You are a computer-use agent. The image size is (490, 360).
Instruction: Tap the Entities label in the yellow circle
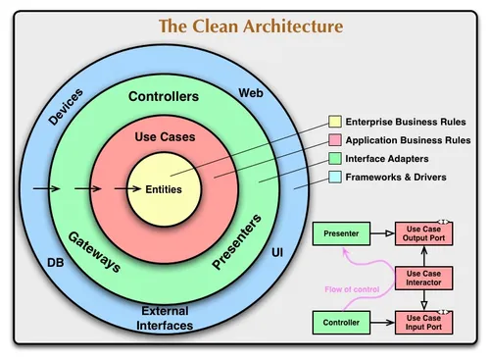coord(164,188)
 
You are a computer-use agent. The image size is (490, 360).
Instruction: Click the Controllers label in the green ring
coord(164,97)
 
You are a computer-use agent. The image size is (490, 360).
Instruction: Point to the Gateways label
coord(95,253)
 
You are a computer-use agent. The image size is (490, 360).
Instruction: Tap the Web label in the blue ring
coord(251,93)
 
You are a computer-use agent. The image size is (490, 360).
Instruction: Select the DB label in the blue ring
coord(57,263)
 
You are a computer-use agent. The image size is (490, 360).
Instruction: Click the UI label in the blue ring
coord(276,253)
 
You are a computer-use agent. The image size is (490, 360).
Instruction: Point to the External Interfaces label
coord(165,318)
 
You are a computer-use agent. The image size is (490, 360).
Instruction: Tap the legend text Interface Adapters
coord(390,158)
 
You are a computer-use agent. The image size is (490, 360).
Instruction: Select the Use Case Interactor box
coord(422,278)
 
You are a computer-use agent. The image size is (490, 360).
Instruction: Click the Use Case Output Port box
coord(422,234)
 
